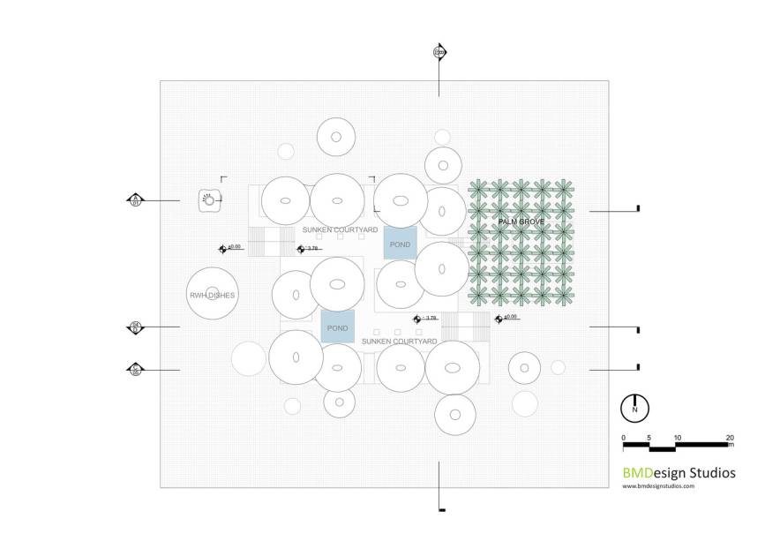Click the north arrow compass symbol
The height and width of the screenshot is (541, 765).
[x=634, y=409]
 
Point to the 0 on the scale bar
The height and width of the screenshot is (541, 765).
[x=623, y=438]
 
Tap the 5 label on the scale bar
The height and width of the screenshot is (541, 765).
[x=649, y=438]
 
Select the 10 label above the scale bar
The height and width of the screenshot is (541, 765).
[x=677, y=438]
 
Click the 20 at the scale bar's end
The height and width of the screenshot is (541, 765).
[x=729, y=438]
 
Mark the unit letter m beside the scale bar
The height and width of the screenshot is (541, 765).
[x=731, y=445]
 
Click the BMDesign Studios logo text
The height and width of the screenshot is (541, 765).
[x=679, y=473]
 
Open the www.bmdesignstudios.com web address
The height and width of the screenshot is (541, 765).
[x=658, y=485]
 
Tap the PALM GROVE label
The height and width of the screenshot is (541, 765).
[x=521, y=222]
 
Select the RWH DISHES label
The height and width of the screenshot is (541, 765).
[x=212, y=295]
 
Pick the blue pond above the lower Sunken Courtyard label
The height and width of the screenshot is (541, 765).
[x=337, y=327]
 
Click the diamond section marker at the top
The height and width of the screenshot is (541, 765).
[x=439, y=52]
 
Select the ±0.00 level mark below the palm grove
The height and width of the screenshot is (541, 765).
[x=507, y=318]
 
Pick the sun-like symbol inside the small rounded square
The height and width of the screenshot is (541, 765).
[x=209, y=200]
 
